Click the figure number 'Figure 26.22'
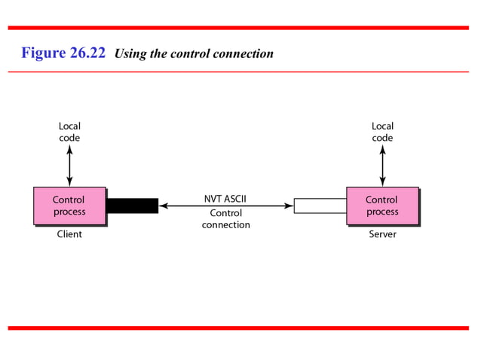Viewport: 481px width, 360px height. [63, 53]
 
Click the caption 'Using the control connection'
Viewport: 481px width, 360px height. [193, 53]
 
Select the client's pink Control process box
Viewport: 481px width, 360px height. [69, 206]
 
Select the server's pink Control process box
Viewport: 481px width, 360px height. [382, 206]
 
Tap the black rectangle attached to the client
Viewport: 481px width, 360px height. [132, 206]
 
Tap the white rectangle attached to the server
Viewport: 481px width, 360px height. [320, 206]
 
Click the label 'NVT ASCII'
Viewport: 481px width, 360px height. [225, 200]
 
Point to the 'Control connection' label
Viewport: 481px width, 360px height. [225, 219]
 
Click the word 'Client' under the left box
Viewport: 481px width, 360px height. [69, 234]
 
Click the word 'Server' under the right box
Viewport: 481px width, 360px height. [382, 234]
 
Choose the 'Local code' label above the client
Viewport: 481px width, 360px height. [69, 132]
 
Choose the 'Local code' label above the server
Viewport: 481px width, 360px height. [382, 132]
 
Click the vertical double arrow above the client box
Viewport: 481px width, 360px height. [69, 166]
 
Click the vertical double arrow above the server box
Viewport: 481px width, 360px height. [382, 166]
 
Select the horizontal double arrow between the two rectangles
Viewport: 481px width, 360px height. [225, 206]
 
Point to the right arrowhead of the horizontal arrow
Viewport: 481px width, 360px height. [289, 206]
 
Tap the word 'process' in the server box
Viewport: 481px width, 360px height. [382, 212]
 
